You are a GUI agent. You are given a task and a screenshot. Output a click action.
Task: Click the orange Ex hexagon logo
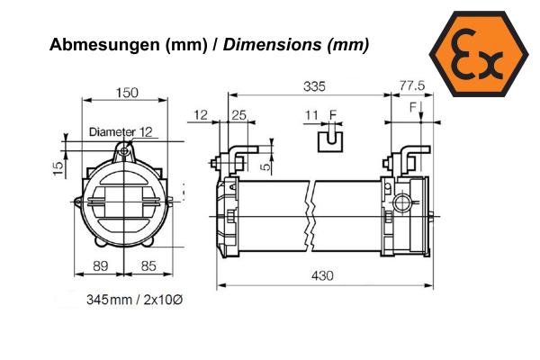(x=479, y=54)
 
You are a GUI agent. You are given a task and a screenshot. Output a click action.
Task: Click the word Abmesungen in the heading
(x=104, y=45)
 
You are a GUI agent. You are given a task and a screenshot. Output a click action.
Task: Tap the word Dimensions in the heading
(x=272, y=44)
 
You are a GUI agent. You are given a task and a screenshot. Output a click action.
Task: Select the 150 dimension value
(x=127, y=93)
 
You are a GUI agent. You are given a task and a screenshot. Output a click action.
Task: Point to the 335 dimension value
(x=314, y=86)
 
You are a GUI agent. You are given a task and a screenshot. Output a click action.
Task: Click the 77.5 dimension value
(x=412, y=85)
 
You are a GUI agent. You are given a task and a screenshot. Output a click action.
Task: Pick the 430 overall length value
(x=322, y=275)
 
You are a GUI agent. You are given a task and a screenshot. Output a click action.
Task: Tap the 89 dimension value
(x=101, y=266)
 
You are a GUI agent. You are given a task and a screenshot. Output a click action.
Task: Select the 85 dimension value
(x=148, y=266)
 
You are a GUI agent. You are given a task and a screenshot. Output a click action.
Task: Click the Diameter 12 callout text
(x=121, y=132)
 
